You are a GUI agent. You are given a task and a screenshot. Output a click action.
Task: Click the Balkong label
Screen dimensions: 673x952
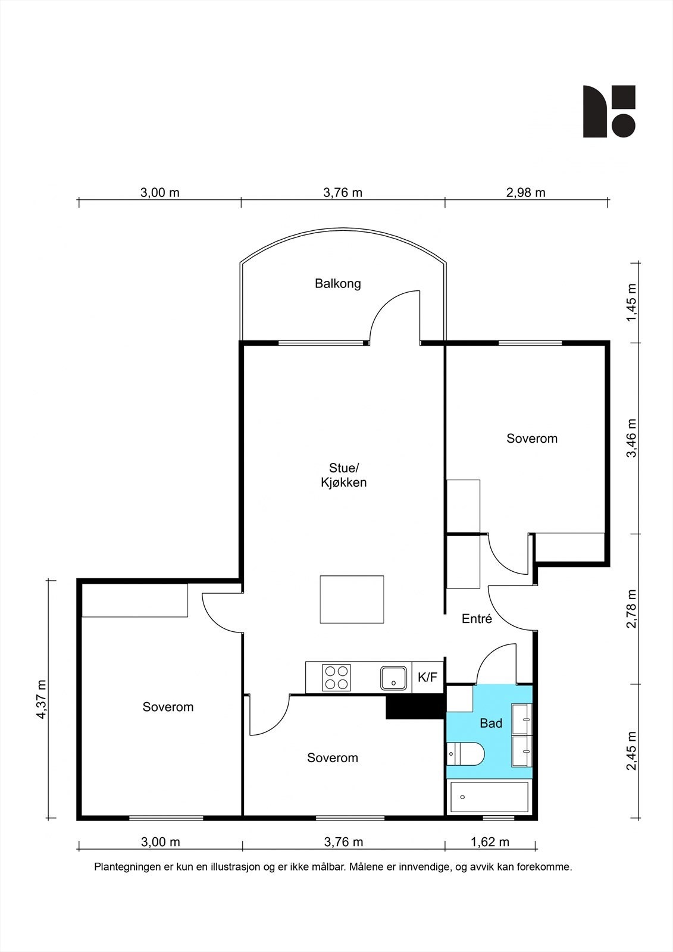(x=337, y=284)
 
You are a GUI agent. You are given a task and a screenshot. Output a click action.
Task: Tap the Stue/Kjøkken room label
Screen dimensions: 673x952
(x=343, y=475)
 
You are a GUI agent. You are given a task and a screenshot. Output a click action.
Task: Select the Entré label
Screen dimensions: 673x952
(x=477, y=619)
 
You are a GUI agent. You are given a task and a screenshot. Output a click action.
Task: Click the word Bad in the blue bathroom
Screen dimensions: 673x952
(x=491, y=723)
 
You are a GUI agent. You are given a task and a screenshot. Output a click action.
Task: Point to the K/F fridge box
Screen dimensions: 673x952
(x=428, y=678)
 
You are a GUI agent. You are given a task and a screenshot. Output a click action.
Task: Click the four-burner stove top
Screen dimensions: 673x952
(x=337, y=678)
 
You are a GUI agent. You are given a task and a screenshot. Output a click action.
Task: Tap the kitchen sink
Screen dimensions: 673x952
(x=394, y=678)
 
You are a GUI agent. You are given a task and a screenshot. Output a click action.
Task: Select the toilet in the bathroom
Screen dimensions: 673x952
(x=465, y=754)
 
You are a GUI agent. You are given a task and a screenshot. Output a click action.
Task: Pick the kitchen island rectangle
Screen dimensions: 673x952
(x=352, y=599)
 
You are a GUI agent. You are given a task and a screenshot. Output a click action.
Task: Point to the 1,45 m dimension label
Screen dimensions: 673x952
(x=632, y=303)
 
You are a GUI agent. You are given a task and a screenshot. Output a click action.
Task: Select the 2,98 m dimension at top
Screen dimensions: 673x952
(x=525, y=193)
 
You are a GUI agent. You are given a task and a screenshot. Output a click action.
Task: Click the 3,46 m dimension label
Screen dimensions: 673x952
(x=632, y=438)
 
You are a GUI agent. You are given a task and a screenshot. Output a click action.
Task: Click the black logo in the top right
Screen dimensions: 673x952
(x=609, y=111)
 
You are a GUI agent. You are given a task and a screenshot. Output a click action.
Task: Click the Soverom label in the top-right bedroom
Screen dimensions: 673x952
(x=532, y=439)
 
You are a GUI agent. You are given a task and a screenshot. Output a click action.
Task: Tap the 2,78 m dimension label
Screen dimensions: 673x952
(x=632, y=608)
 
